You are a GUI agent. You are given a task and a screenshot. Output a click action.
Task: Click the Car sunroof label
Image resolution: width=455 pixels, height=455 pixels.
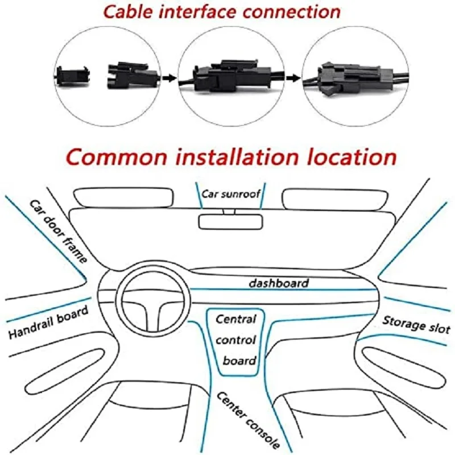tap(231, 194)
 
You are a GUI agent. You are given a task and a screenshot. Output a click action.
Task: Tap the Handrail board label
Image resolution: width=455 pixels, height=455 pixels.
tap(48, 321)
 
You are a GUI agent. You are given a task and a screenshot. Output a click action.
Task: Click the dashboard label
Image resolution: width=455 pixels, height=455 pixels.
tap(279, 283)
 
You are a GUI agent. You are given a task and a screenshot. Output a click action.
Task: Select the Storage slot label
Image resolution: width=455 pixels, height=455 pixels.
tap(416, 324)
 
